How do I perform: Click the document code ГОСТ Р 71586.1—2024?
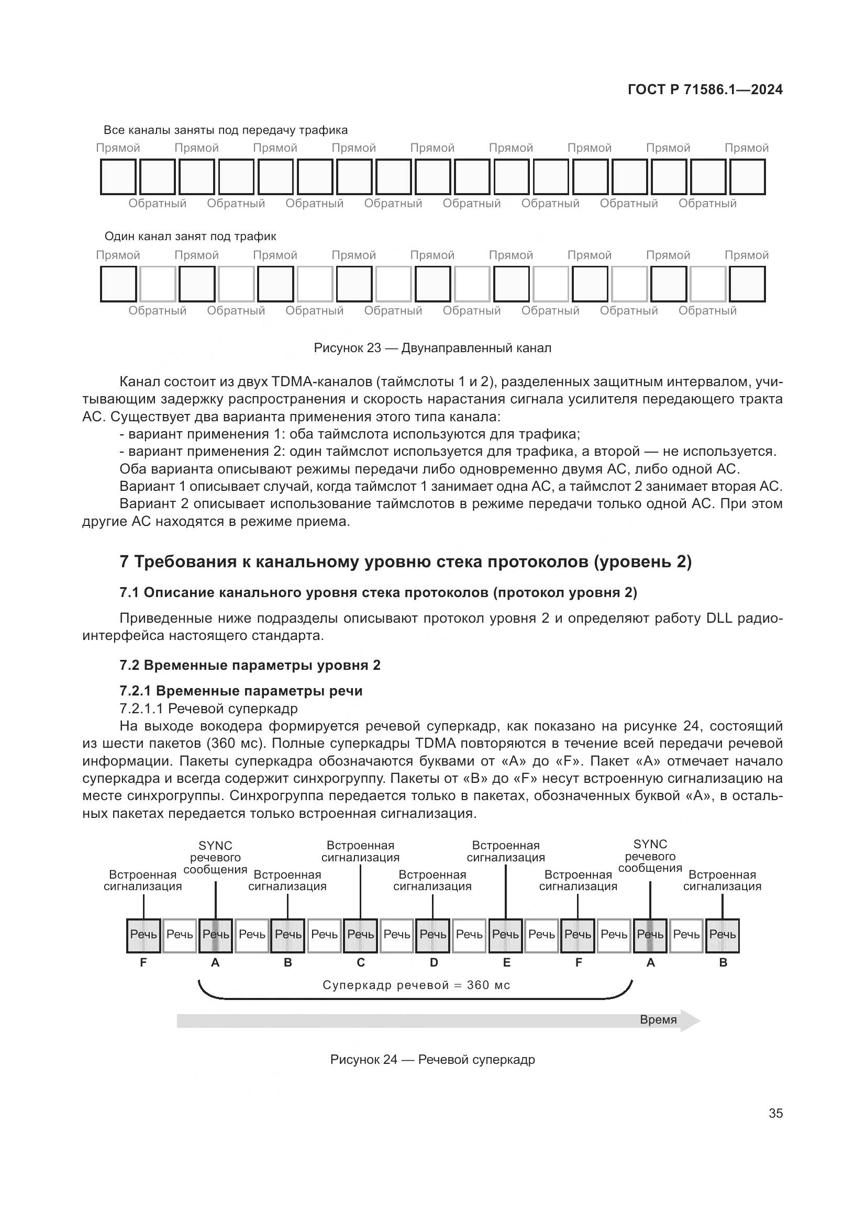coord(704,89)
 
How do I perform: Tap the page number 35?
coord(775,1113)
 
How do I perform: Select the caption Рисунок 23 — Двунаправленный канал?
coord(432,348)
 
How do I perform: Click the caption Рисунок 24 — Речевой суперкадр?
coord(432,1059)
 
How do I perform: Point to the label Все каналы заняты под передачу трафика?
coord(225,130)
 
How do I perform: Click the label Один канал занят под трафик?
coord(190,236)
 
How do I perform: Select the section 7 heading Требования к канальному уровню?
coord(405,562)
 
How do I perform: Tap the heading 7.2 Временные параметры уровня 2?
coord(250,665)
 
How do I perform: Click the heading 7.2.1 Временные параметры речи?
coord(240,691)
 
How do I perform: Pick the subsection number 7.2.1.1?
coord(141,709)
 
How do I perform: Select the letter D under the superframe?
coord(434,962)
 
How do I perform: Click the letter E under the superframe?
coord(507,962)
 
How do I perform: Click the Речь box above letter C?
coord(360,934)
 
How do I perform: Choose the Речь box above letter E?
coord(506,934)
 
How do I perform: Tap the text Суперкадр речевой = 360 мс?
coord(416,985)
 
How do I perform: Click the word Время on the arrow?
coord(658,1019)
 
